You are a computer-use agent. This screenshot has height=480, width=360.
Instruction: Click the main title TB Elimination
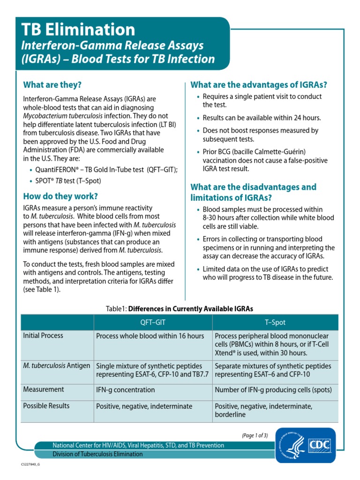(79, 30)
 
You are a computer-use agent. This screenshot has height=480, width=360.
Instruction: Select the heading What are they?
(52, 85)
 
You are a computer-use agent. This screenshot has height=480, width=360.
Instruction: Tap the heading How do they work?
(60, 196)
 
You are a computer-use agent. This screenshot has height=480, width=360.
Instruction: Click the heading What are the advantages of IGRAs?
(258, 85)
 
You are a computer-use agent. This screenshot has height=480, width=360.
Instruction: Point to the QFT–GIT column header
(153, 323)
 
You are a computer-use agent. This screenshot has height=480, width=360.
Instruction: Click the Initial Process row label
(43, 336)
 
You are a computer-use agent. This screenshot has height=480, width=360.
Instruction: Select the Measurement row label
(44, 390)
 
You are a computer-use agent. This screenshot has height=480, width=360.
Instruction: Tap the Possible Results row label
(46, 406)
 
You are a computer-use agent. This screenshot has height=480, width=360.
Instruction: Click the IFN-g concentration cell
(125, 390)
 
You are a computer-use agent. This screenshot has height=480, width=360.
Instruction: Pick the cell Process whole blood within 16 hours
(150, 336)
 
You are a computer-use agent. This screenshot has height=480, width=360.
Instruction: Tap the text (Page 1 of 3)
(255, 435)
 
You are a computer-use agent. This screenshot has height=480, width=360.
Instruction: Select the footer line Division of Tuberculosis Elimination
(97, 454)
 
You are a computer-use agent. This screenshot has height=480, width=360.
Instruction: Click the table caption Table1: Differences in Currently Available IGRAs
(180, 309)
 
